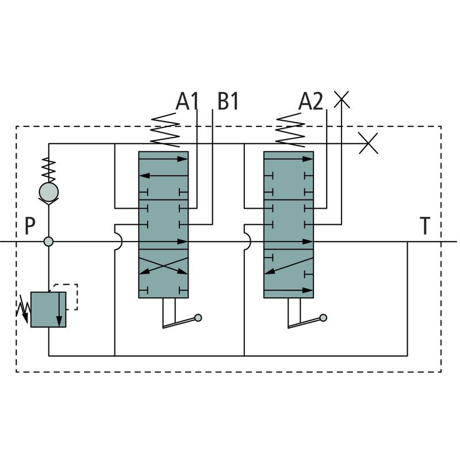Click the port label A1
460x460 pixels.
187,102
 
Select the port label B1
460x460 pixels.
228,102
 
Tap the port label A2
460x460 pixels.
310,102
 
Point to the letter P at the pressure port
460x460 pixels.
30,227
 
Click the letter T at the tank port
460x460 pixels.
424,227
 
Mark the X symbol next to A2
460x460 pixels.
342,99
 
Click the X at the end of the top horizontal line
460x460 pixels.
368,143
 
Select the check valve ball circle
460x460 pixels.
48,191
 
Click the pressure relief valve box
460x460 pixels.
48,309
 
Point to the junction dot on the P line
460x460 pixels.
48,241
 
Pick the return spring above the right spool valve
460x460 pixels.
290,130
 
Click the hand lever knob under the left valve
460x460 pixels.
198,317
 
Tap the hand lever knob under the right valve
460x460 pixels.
323,317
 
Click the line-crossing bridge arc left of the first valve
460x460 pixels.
117,241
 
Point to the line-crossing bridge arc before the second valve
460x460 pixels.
247,241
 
